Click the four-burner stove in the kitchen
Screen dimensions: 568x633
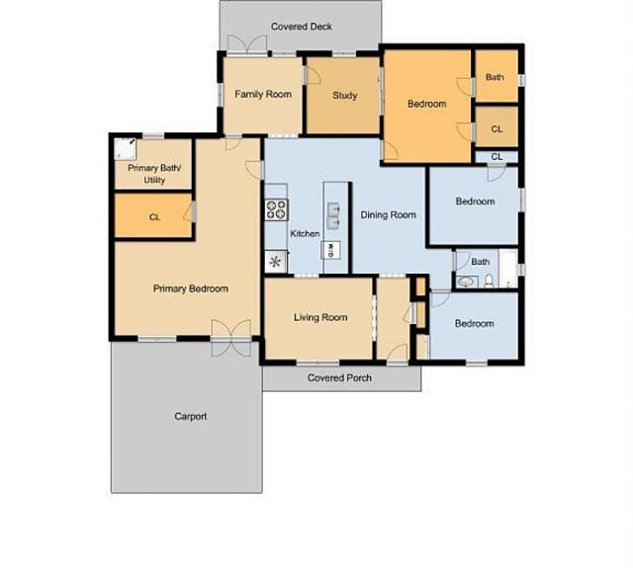point(275,209)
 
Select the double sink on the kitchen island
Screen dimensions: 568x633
point(333,209)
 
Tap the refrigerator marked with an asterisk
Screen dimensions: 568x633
point(275,262)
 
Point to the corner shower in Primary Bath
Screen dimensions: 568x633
point(124,148)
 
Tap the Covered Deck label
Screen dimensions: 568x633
point(302,27)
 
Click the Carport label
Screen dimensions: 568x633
point(191,417)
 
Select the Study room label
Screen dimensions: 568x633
point(344,96)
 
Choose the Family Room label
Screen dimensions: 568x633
point(263,94)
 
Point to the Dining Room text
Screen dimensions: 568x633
point(388,214)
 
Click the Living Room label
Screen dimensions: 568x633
point(320,317)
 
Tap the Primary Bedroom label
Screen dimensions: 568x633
point(191,289)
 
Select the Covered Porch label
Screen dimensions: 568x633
point(339,378)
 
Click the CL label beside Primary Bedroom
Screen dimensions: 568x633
point(154,216)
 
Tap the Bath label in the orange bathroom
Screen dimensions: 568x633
point(495,77)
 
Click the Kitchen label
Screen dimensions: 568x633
point(305,234)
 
